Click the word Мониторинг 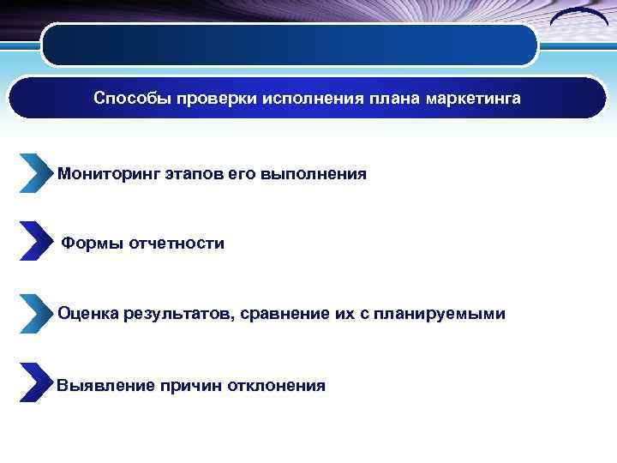coord(105,174)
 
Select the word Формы coord(93,244)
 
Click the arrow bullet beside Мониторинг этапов coord(35,173)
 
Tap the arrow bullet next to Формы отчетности coord(35,242)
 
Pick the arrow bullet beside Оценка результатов coord(35,314)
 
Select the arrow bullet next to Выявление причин coord(35,383)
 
